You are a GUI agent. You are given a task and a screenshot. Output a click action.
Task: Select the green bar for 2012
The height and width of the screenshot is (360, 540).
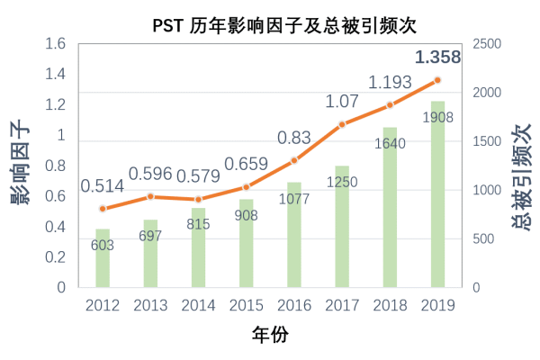click(x=103, y=258)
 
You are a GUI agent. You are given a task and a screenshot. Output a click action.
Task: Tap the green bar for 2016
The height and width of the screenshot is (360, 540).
click(x=294, y=235)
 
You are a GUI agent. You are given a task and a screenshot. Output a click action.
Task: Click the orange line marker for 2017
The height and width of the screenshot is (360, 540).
click(x=342, y=124)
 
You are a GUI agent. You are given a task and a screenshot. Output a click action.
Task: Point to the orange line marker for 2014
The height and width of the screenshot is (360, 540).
click(x=198, y=200)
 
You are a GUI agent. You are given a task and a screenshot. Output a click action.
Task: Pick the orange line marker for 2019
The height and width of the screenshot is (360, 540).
click(x=437, y=80)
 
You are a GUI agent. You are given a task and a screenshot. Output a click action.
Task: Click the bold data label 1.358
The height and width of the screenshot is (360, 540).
click(x=438, y=58)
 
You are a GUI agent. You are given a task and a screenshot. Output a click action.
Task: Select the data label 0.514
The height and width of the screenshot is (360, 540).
click(x=103, y=186)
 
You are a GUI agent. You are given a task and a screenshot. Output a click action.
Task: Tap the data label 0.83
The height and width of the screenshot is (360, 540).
click(x=294, y=138)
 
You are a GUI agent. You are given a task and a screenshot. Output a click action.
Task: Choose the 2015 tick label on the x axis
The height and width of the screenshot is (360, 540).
click(x=246, y=305)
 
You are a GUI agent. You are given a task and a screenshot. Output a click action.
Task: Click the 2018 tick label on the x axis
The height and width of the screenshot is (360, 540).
click(x=390, y=305)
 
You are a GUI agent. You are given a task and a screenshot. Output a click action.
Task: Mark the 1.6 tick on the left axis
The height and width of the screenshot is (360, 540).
click(x=56, y=44)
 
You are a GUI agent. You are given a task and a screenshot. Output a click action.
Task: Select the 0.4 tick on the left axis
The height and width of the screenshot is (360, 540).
click(x=56, y=227)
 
